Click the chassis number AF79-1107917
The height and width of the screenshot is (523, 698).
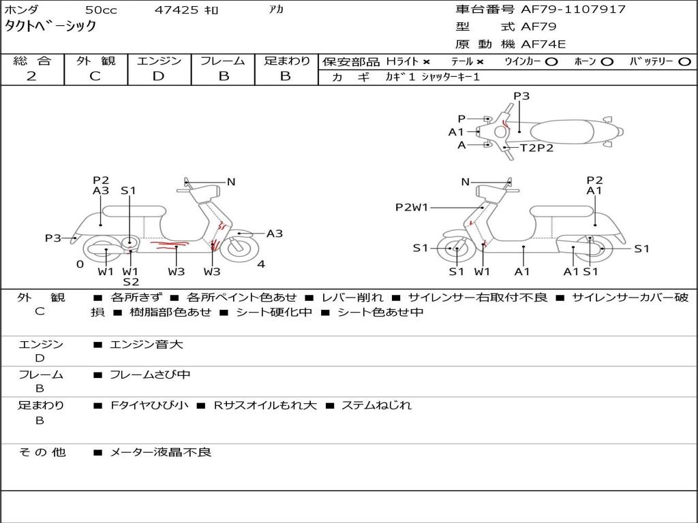point(564,10)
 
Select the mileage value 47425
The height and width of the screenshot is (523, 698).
point(177,10)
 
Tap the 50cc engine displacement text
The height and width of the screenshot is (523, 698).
point(100,10)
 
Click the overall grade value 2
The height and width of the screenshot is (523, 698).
point(31,76)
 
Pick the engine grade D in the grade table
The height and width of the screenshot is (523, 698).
point(159,76)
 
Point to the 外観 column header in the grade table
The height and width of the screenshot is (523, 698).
point(95,61)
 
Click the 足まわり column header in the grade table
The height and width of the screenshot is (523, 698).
point(286,61)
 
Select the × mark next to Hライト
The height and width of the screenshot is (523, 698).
point(426,61)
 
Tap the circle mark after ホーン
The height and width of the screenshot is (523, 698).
point(608,61)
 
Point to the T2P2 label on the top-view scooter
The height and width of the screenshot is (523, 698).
point(537,148)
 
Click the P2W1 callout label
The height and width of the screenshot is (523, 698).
point(412,207)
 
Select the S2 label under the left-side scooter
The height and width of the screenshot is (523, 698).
point(131,282)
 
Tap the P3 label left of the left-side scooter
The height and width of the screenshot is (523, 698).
point(53,238)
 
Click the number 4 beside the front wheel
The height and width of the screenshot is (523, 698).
point(261,264)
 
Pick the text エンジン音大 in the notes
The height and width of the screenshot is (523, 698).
point(147,345)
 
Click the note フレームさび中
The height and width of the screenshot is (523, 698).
point(150,375)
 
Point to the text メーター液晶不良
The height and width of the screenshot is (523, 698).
point(161,452)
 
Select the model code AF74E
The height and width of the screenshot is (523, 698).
point(543,44)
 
